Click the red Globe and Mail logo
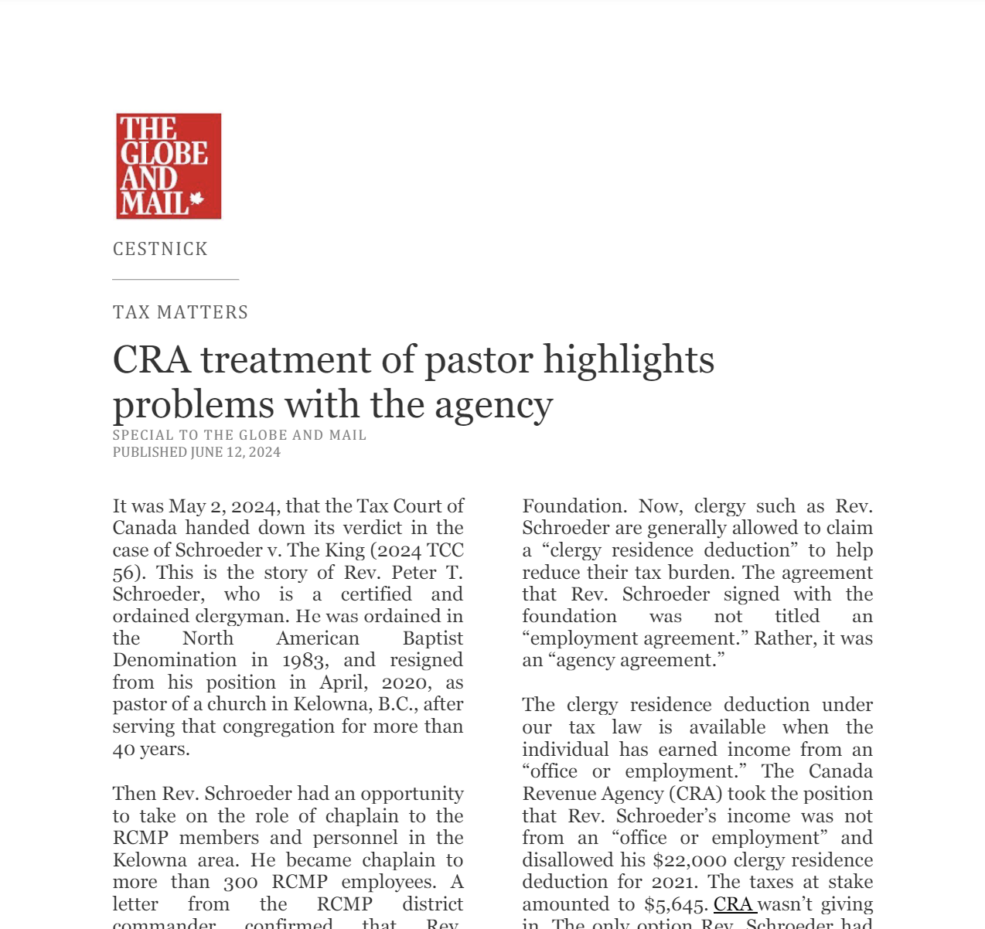(x=169, y=166)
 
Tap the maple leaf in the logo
(x=196, y=199)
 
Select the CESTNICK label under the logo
(x=160, y=249)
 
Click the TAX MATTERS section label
(x=180, y=312)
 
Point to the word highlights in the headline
(x=629, y=360)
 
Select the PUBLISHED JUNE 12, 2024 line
(x=196, y=452)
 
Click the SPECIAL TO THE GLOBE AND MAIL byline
(x=240, y=435)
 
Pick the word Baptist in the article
(x=432, y=638)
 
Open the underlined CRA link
(x=733, y=904)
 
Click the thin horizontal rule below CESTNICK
(x=176, y=279)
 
